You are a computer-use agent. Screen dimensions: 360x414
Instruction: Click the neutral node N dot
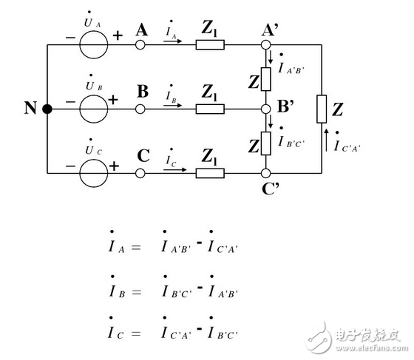pos(47,109)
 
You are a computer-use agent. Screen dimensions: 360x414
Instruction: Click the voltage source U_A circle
pos(93,44)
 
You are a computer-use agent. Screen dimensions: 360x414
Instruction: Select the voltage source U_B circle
pos(93,109)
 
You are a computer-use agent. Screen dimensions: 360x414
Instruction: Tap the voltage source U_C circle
pos(93,173)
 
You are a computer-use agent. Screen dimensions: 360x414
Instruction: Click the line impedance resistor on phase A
pos(209,44)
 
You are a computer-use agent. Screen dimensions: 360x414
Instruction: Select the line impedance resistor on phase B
pos(209,109)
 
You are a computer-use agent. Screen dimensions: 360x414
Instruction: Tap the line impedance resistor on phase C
pos(209,173)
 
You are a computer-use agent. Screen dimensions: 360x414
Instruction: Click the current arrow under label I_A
pos(172,42)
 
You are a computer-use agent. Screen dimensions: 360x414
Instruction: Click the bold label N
pos(30,109)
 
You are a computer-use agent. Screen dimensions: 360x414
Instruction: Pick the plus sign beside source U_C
pos(115,166)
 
